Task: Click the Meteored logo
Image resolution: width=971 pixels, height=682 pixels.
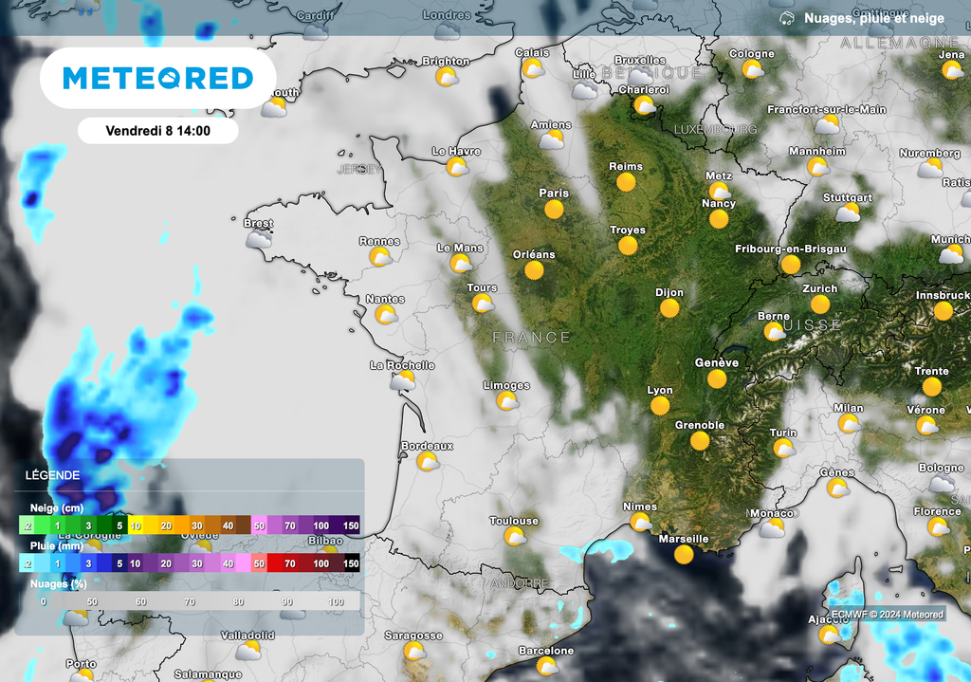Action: pos(157,78)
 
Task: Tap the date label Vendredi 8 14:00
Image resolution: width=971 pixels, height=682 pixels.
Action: pos(157,131)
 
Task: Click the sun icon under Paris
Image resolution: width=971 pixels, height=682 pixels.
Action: pos(555,209)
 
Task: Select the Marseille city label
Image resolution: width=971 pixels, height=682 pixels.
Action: pos(683,539)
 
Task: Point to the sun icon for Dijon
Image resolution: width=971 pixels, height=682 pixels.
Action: pos(670,308)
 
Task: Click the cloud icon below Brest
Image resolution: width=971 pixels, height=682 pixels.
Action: pos(257,240)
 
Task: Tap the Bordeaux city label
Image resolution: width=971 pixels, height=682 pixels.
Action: pos(427,446)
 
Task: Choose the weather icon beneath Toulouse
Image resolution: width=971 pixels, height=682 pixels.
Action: pos(515,537)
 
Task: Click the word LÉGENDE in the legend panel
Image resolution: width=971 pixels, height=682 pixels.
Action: pos(53,475)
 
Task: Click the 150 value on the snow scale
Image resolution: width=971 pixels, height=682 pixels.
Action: pos(351,525)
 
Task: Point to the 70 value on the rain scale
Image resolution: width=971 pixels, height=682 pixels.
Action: pos(289,563)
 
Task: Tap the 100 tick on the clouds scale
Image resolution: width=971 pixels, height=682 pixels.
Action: pos(336,601)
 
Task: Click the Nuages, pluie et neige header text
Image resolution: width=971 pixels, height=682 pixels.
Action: pos(873,18)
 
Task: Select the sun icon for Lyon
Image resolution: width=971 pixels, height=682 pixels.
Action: pos(660,406)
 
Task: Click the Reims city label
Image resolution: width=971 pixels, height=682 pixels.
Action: pos(626,167)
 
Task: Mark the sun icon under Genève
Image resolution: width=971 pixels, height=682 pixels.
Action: pos(717,379)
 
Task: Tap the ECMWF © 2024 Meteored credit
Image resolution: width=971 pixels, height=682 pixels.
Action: pos(888,615)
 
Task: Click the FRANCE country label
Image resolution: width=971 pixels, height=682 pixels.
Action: pos(532,338)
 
